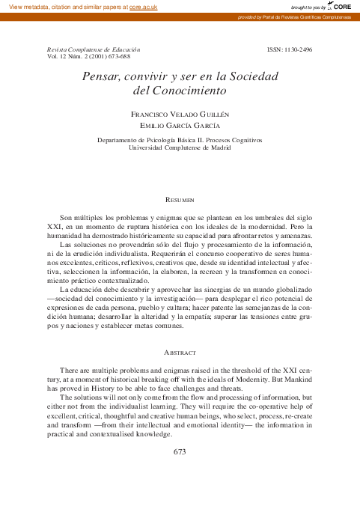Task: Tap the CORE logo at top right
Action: pyautogui.click(x=341, y=6)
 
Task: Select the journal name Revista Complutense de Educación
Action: pyautogui.click(x=94, y=49)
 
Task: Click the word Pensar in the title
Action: pyautogui.click(x=100, y=76)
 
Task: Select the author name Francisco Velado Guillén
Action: pyautogui.click(x=180, y=114)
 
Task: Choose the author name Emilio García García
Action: pyautogui.click(x=180, y=126)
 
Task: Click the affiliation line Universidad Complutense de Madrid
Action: pyautogui.click(x=180, y=147)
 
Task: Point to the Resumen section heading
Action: pyautogui.click(x=180, y=200)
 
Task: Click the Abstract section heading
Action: pyautogui.click(x=180, y=352)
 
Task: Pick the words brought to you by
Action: pyautogui.click(x=302, y=6)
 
